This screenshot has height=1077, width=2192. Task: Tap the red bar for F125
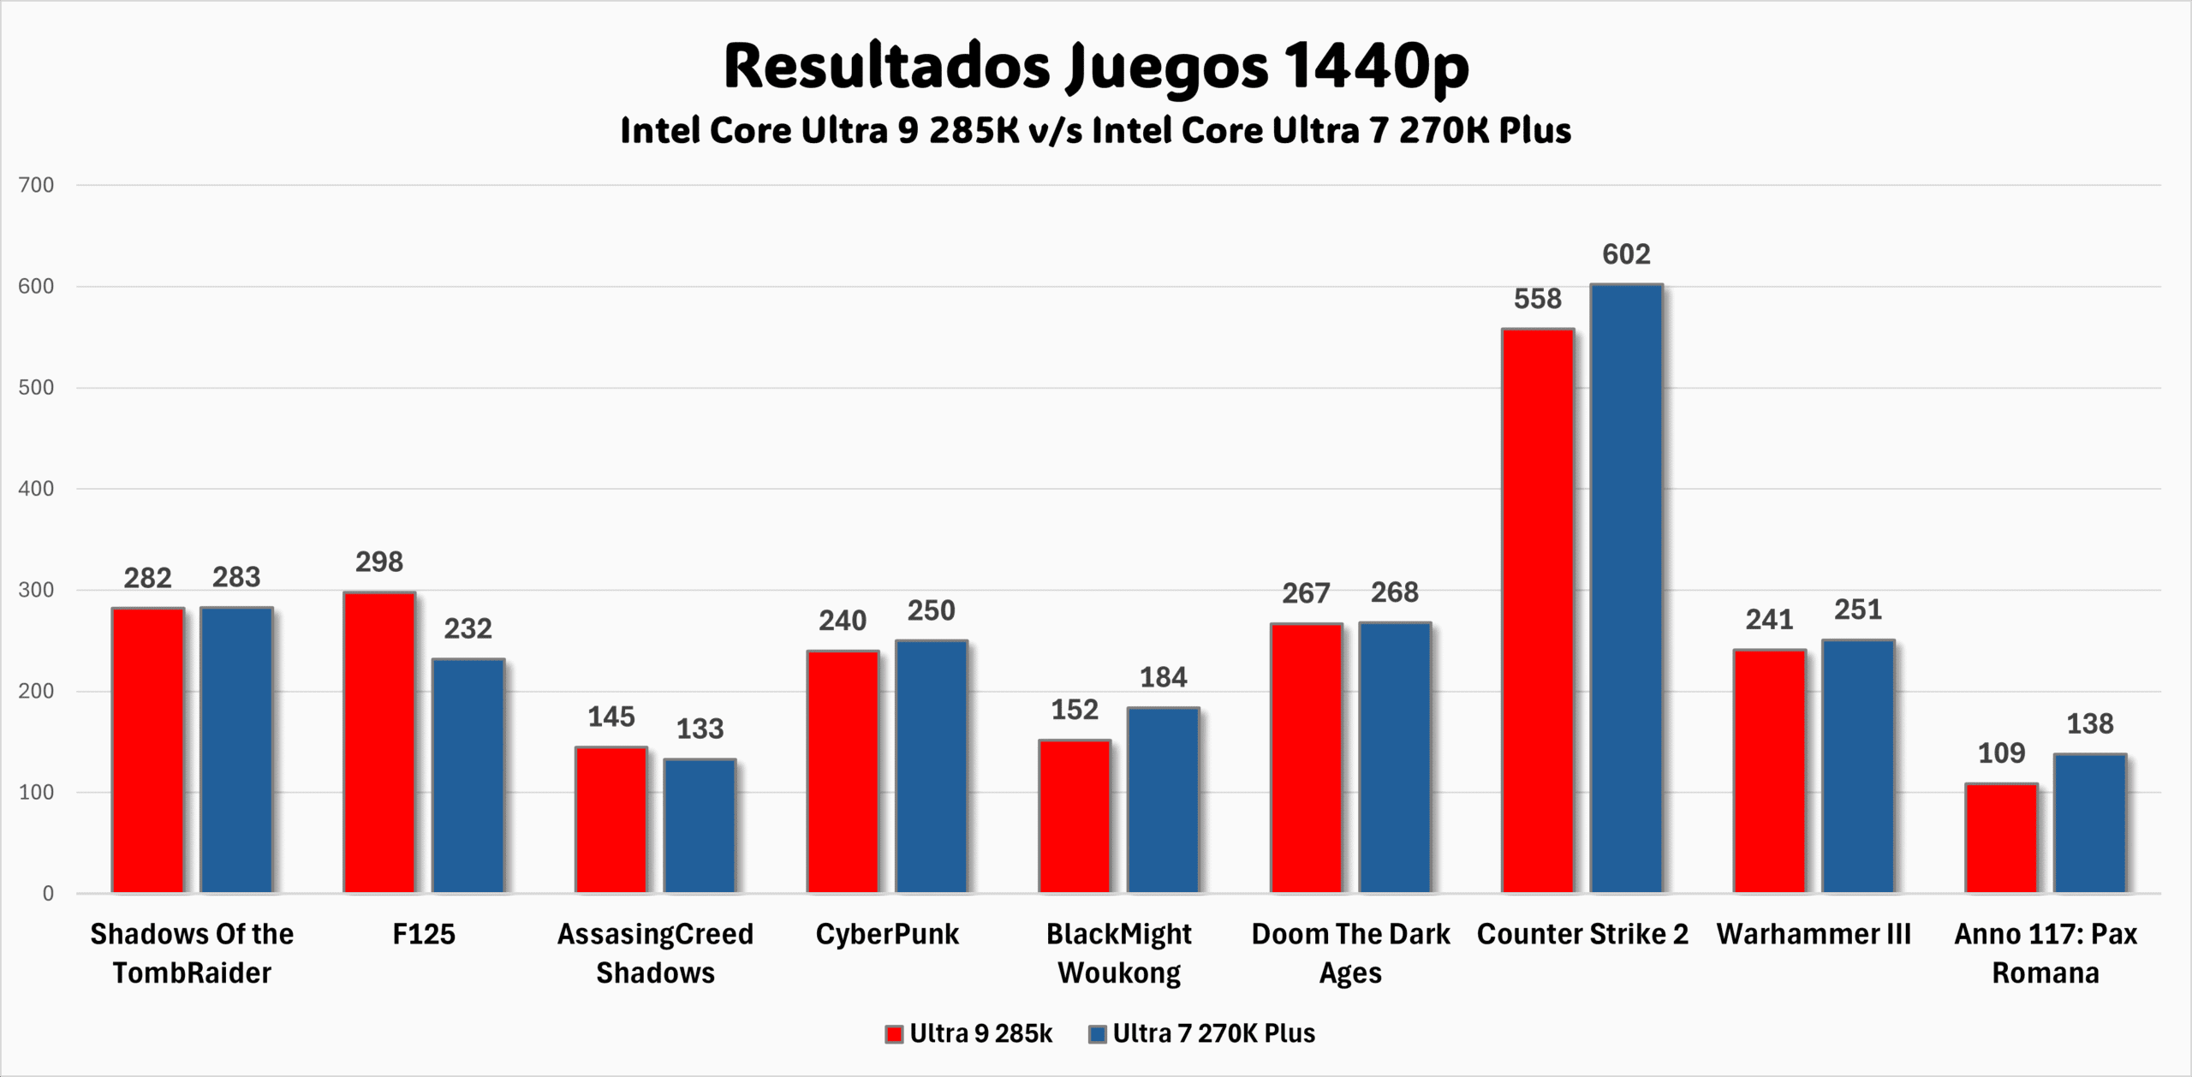pos(379,742)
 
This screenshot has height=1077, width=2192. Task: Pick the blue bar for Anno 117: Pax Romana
pos(2090,823)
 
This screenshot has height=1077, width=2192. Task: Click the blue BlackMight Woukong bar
pos(1163,800)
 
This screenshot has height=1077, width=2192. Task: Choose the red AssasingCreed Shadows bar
pos(611,819)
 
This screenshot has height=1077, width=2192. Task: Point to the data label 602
pos(1626,254)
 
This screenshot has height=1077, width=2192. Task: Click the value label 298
pos(379,562)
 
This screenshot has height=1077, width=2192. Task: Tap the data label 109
pos(2001,753)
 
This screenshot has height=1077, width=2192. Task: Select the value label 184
pos(1163,678)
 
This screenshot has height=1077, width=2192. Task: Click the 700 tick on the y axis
pos(36,185)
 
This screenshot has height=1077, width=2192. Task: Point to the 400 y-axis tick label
pos(36,489)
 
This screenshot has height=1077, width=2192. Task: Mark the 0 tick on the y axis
pos(48,894)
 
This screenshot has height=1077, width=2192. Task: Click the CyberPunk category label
pos(887,934)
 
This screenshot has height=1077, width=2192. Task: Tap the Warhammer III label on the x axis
pos(1814,934)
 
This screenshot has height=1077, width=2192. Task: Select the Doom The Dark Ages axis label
pos(1350,953)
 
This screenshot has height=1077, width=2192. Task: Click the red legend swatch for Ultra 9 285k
pos(894,1034)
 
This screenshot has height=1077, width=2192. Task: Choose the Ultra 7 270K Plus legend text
pos(1213,1033)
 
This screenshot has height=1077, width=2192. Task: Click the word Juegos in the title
pos(1167,67)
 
